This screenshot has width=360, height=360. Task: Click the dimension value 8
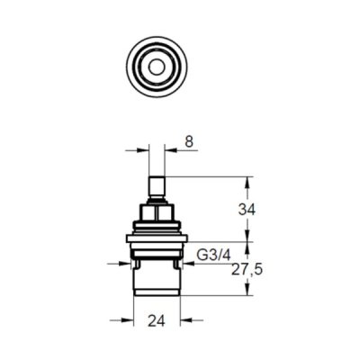[x=189, y=142]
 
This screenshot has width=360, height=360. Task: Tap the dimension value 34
[x=247, y=210]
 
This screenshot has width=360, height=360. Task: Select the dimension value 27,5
[x=247, y=270]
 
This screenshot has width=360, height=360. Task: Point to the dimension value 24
[x=157, y=321]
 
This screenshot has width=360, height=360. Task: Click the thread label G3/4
[x=213, y=256]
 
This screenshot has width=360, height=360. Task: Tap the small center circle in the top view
[x=157, y=67]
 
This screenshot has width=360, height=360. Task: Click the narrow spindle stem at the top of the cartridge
[x=157, y=187]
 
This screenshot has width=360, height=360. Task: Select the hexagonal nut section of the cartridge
[x=157, y=212]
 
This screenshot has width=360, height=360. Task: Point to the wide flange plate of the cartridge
[x=157, y=238]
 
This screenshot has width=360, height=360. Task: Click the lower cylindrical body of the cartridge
[x=157, y=277]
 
